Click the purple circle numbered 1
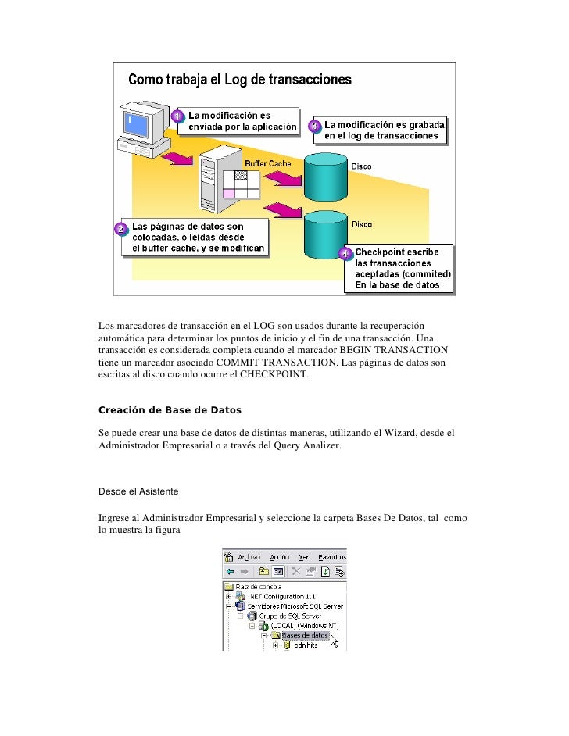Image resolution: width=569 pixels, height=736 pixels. [x=178, y=117]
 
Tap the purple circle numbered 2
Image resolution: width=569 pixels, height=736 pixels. [x=120, y=229]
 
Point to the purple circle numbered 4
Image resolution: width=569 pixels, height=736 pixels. [x=345, y=254]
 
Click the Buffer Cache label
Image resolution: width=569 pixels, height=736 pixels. [x=268, y=163]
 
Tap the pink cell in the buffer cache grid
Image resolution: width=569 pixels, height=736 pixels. [x=229, y=193]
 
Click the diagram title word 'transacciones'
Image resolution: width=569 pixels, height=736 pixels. [x=313, y=80]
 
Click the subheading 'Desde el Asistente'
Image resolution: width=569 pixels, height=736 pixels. [x=138, y=491]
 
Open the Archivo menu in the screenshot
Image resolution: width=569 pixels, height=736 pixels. [x=249, y=557]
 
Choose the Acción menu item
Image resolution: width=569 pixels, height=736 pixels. [x=280, y=557]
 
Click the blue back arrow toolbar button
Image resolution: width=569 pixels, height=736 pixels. [x=228, y=571]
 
